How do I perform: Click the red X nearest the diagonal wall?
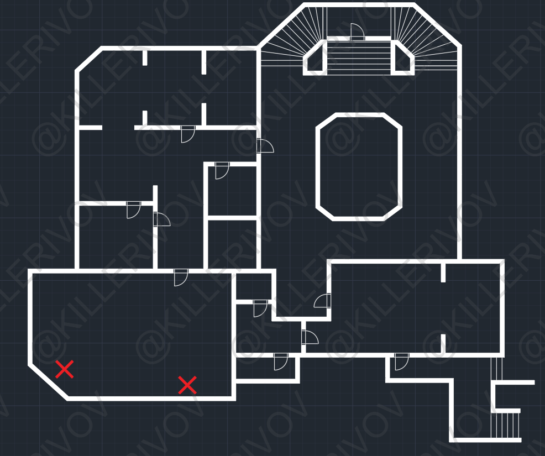[x=65, y=369]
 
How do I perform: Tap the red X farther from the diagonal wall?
[x=187, y=385]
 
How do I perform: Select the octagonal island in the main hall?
[x=359, y=167]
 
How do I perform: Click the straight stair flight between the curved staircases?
[x=359, y=56]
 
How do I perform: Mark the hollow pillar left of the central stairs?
[x=315, y=59]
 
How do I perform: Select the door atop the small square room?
[x=222, y=170]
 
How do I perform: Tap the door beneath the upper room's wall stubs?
[x=188, y=134]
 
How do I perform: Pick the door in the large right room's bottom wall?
[x=401, y=361]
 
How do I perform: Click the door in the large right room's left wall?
[x=323, y=301]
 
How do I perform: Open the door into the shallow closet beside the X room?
[x=281, y=361]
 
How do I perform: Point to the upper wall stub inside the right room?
[x=443, y=272]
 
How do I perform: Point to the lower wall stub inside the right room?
[x=443, y=343]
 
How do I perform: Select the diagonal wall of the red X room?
[x=49, y=381]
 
